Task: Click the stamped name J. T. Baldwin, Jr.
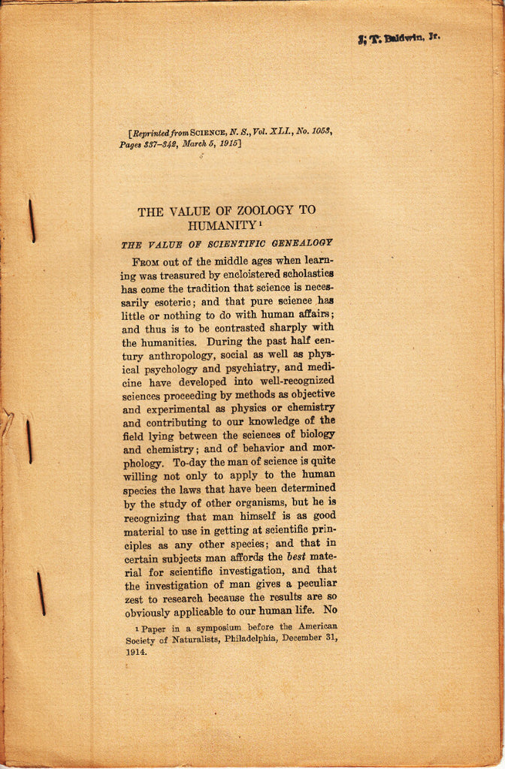[x=398, y=38]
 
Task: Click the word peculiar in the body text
[x=310, y=583]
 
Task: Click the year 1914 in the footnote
[x=136, y=651]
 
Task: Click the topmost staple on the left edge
[x=32, y=220]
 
